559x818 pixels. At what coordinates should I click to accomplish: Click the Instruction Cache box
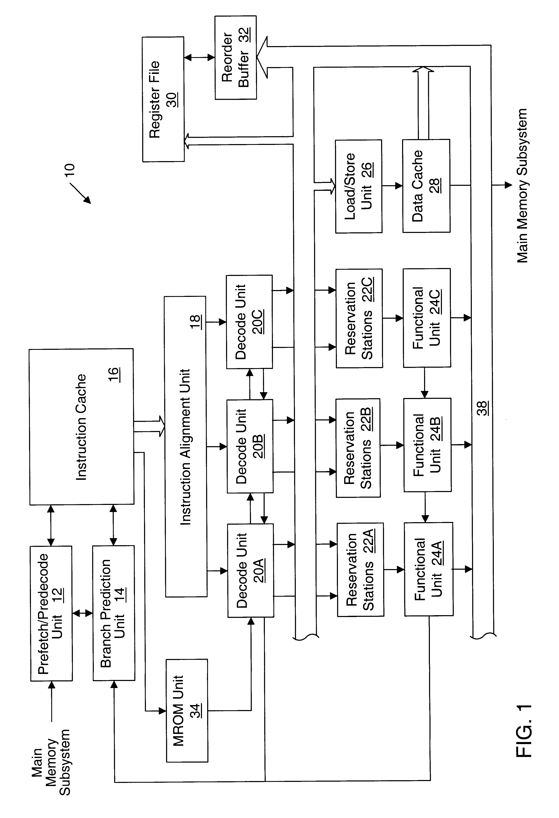(81, 427)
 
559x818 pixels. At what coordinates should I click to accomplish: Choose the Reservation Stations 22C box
(359, 318)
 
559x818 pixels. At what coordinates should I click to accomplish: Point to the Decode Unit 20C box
(249, 322)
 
